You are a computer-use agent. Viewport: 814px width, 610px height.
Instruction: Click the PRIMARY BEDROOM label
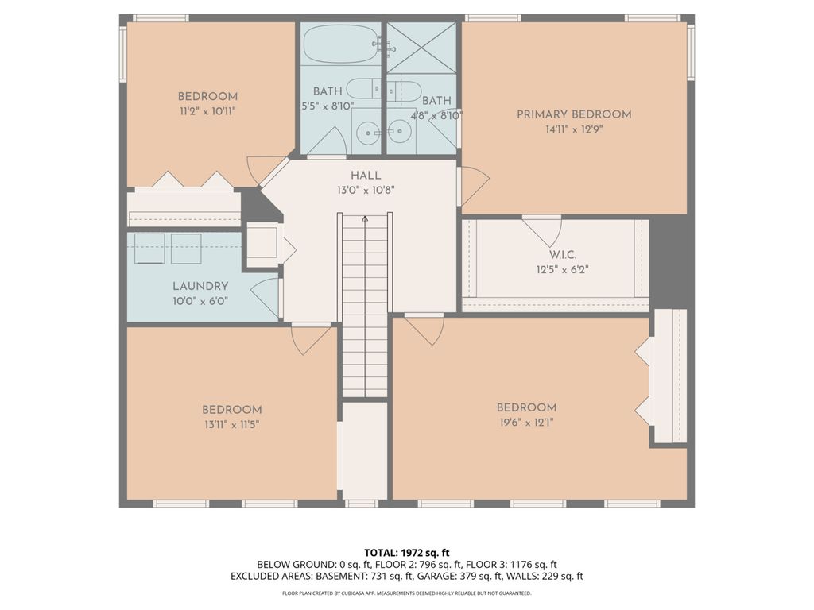(574, 114)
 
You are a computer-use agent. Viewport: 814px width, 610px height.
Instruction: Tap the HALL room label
(366, 176)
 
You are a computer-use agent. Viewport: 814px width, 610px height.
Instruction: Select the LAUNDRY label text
(200, 286)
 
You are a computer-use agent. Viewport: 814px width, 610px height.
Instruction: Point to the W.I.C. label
(563, 255)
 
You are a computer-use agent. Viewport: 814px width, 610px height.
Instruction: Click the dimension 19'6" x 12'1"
(526, 423)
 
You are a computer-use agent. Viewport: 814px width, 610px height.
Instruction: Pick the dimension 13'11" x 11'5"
(231, 424)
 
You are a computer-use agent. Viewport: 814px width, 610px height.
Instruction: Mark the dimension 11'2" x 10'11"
(207, 111)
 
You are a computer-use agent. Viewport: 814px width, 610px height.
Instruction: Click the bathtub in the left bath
(341, 44)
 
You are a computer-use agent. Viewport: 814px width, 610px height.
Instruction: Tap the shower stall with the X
(421, 47)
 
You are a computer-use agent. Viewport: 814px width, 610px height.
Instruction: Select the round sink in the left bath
(367, 133)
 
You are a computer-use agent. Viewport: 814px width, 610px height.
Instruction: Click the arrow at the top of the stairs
(365, 219)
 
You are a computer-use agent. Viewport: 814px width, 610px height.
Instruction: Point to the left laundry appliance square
(149, 249)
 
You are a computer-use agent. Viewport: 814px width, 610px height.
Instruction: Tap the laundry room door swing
(266, 299)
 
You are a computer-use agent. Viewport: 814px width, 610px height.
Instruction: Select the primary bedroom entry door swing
(474, 186)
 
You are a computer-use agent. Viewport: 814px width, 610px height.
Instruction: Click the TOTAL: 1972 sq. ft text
(406, 553)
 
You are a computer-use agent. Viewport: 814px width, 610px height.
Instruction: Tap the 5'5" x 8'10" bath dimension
(328, 106)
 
